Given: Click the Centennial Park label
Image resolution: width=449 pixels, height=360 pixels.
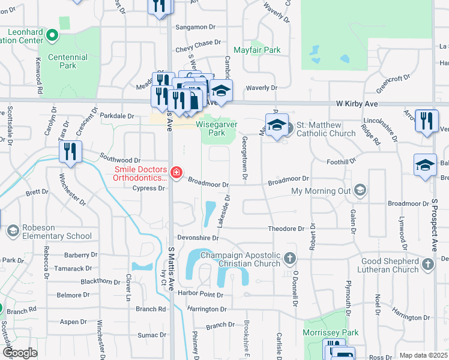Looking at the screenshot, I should coord(68,61).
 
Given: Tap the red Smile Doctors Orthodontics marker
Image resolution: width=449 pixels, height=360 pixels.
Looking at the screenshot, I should coord(176,173).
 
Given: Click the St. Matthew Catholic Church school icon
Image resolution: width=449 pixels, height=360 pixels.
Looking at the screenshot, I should coord(277,125).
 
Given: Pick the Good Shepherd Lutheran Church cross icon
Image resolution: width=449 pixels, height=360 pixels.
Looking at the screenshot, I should coord(427,264).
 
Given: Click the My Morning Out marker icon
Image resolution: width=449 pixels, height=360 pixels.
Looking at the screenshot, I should coord(360,191).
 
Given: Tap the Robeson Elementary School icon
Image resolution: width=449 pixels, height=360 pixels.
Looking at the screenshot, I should coord(12,231).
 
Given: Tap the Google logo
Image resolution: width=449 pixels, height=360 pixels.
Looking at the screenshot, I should coord(19,353).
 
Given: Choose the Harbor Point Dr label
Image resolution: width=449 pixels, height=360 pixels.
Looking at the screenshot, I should coord(203,295).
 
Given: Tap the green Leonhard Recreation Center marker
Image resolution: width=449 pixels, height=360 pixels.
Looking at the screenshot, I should coord(52,36).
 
